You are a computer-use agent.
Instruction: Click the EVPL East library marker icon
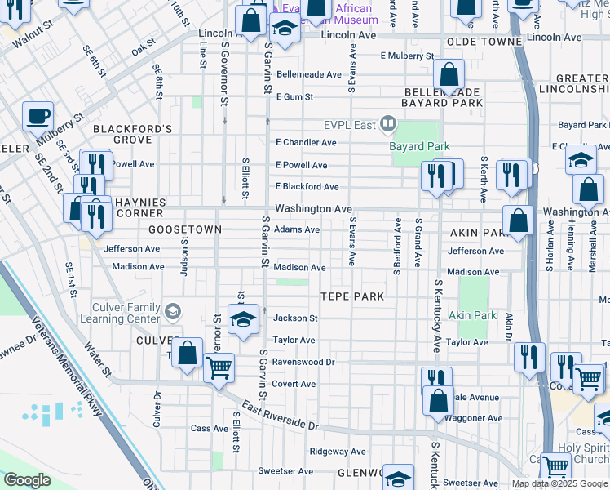point(387,125)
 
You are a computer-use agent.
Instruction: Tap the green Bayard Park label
point(419,146)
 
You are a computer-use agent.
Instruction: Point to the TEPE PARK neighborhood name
point(351,296)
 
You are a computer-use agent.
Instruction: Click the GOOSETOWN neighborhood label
point(185,230)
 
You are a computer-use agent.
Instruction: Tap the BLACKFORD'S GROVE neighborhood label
point(132,134)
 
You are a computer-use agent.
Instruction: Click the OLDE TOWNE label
point(484,41)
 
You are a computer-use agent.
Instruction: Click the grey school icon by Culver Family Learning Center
point(172,310)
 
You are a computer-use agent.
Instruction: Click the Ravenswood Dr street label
point(303,362)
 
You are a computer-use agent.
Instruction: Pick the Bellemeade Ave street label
point(308,74)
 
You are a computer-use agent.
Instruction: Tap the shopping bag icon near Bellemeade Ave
point(449,75)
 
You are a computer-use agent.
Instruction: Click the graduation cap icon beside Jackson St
point(242,320)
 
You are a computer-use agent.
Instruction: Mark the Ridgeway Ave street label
point(337,451)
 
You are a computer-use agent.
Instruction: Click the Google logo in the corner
point(26,480)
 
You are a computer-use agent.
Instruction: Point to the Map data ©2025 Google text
point(559,483)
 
